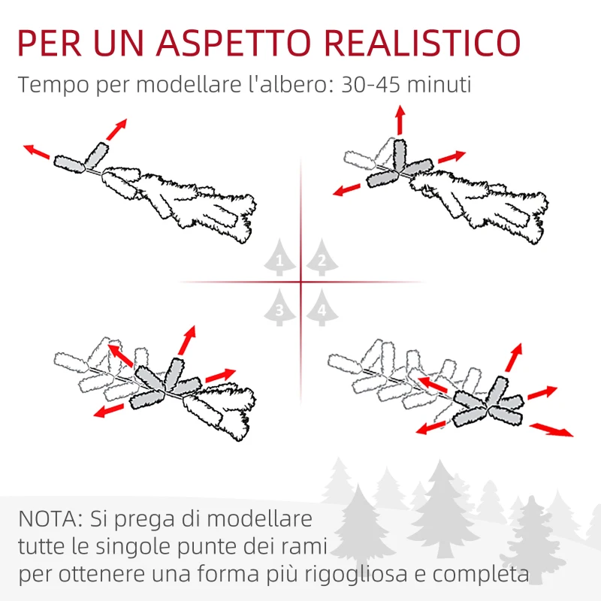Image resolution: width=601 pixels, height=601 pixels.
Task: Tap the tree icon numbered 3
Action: (x=279, y=307)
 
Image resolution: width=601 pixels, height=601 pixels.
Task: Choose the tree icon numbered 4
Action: (x=321, y=307)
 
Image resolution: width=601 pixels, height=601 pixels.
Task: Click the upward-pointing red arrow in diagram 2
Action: (x=400, y=120)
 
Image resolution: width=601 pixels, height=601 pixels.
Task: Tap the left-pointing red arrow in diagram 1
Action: (x=38, y=152)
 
